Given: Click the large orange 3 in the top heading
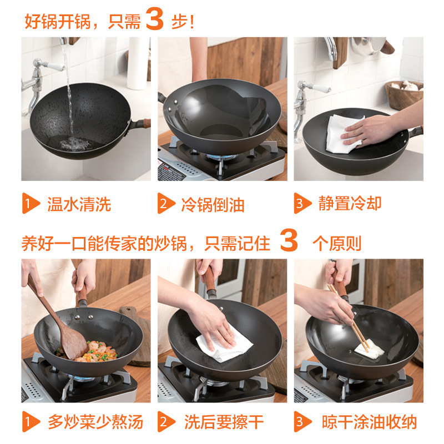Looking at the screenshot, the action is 155,19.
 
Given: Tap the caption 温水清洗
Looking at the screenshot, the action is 79,204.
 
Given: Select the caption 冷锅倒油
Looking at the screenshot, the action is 213,205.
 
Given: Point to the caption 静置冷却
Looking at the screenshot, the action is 350,203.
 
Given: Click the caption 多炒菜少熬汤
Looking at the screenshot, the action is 95,422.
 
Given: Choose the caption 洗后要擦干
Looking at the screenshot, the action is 224,422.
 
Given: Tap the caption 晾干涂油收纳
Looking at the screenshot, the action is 369,422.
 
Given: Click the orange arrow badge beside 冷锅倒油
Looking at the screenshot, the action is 166,203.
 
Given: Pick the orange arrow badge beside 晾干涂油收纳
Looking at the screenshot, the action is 302,422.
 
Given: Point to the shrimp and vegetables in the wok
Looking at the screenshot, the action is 90,352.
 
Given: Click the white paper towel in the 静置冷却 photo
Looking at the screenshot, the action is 343,134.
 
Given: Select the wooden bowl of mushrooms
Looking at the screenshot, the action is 404,94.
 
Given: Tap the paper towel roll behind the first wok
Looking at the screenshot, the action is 137,63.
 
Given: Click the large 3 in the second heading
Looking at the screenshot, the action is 289,240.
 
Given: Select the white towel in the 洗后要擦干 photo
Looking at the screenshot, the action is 224,343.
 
